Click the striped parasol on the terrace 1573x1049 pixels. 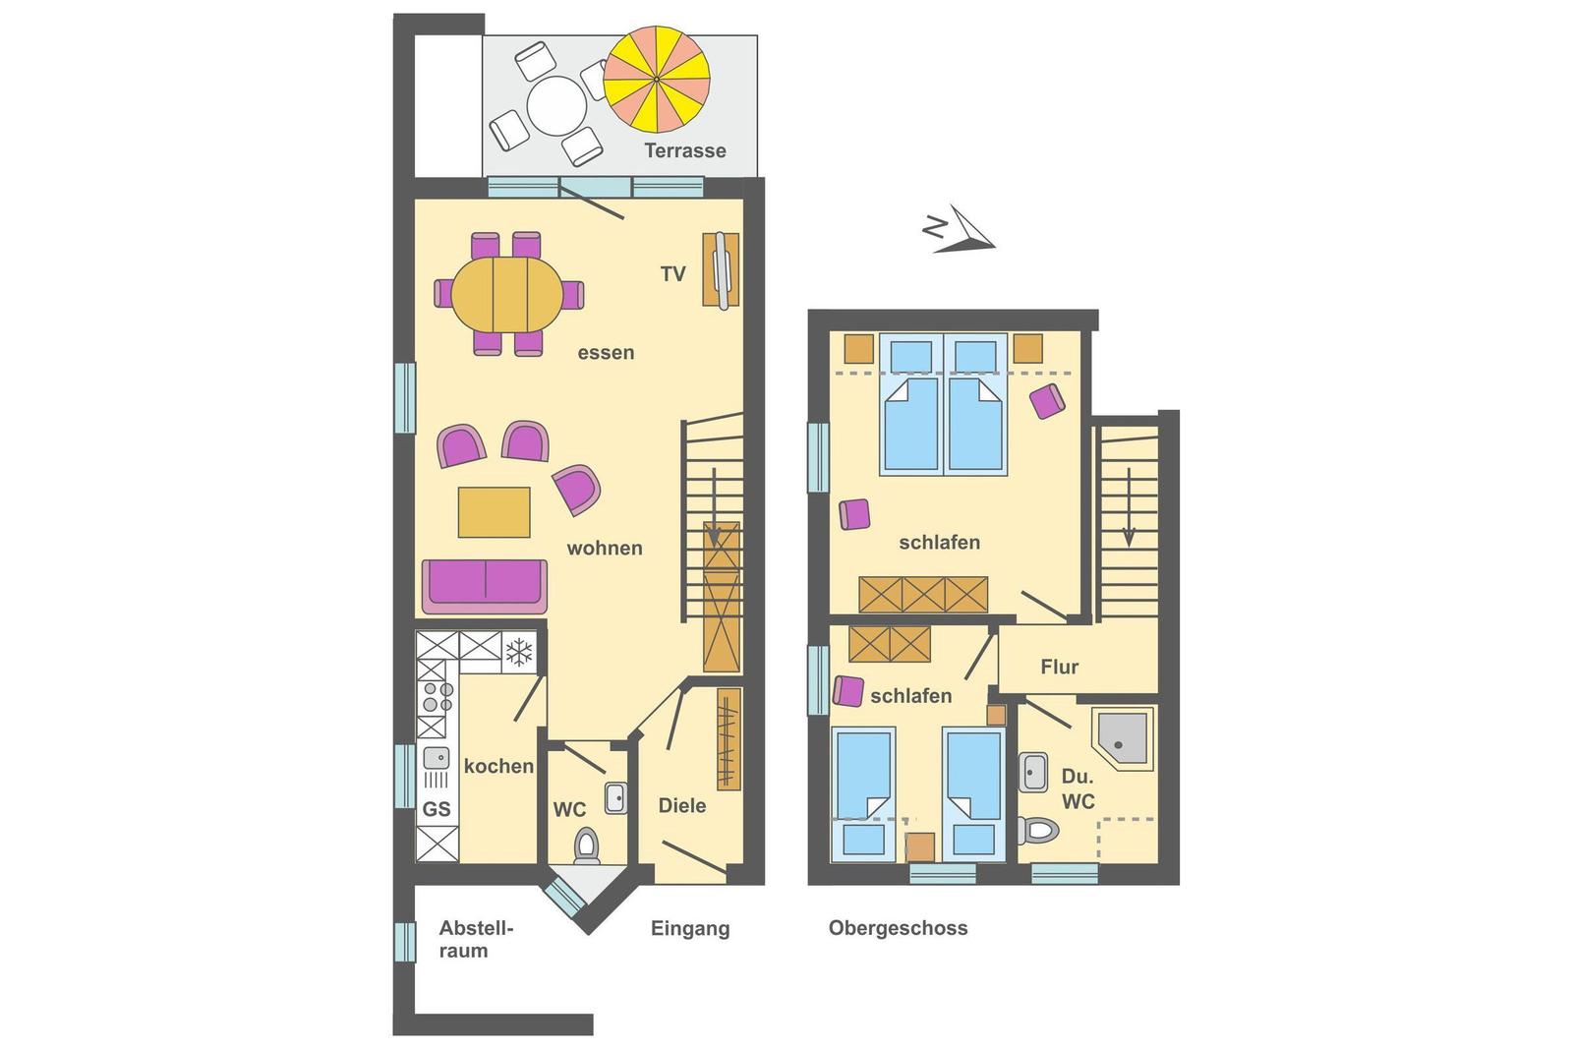pos(657,79)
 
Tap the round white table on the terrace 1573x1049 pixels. pos(556,106)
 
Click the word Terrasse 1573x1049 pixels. pos(684,150)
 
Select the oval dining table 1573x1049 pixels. pos(507,294)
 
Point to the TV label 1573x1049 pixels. pos(672,274)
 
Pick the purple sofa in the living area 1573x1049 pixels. pos(485,586)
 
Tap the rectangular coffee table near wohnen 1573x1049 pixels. pos(494,512)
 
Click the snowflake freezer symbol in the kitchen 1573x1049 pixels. pos(519,652)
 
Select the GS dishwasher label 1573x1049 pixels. pos(437,809)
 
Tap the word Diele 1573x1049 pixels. pos(682,805)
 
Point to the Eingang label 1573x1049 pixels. pos(690,929)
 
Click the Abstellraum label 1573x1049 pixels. pos(476,940)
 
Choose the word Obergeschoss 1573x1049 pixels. pos(899,928)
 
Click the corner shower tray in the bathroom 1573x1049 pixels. pos(1122,738)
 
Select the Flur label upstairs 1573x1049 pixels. pos(1059,667)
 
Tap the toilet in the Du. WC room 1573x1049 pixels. pos(1038,831)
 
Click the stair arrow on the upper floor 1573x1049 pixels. pos(1129,507)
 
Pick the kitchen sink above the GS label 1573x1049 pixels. pos(437,758)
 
